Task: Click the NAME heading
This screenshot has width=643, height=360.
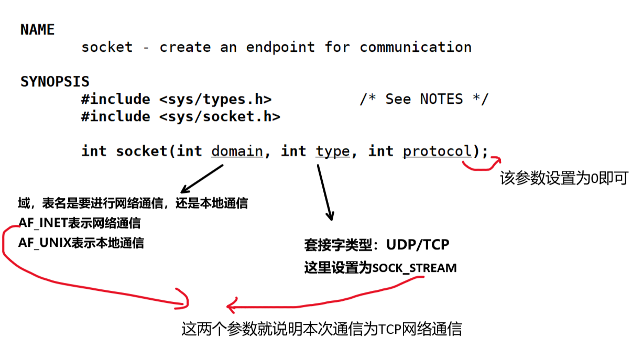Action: tap(37, 30)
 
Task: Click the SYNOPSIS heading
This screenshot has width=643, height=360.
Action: tap(55, 82)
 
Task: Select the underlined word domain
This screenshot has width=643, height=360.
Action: tap(237, 151)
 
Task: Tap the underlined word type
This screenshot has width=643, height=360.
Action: tap(332, 151)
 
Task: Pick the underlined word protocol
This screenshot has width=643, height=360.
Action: tap(437, 151)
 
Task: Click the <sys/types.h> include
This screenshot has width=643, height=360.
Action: tap(215, 99)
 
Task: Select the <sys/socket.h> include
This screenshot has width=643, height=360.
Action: tap(220, 116)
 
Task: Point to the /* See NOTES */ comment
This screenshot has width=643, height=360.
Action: tap(423, 99)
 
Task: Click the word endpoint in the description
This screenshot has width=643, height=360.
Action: tap(280, 47)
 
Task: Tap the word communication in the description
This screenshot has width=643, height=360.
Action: tap(415, 47)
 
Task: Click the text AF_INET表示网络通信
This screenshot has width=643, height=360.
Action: tap(80, 223)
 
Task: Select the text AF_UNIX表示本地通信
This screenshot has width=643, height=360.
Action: tap(81, 243)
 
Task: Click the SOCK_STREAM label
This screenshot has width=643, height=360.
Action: tap(415, 268)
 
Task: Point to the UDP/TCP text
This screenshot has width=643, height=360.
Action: tap(418, 245)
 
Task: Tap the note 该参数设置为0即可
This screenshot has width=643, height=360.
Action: tap(563, 179)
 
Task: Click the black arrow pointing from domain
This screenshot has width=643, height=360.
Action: tap(202, 179)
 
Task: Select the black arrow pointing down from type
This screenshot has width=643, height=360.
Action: tap(324, 191)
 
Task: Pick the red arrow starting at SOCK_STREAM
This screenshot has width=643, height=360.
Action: tap(325, 300)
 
